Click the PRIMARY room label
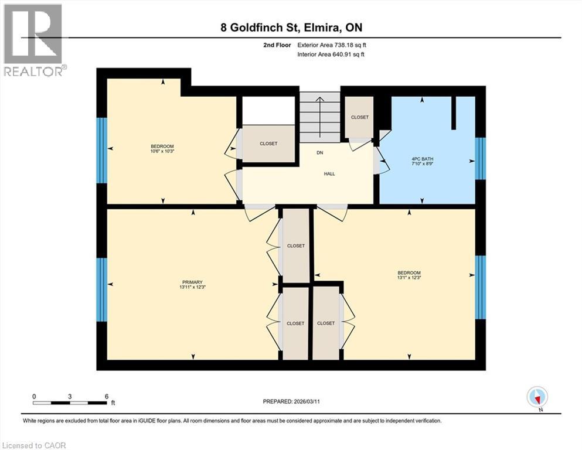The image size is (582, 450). pyautogui.click(x=193, y=282)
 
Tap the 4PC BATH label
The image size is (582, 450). pyautogui.click(x=423, y=159)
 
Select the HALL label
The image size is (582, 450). pyautogui.click(x=329, y=174)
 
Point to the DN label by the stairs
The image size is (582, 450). pyautogui.click(x=319, y=152)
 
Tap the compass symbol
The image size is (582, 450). pyautogui.click(x=537, y=397)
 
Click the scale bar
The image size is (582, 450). pyautogui.click(x=70, y=403)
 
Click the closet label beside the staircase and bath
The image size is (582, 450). pyautogui.click(x=360, y=117)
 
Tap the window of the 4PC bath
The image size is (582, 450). pyautogui.click(x=480, y=159)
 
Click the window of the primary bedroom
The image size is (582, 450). pyautogui.click(x=102, y=289)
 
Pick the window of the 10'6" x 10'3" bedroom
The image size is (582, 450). pyautogui.click(x=102, y=150)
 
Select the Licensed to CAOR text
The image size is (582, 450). pyautogui.click(x=34, y=445)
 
